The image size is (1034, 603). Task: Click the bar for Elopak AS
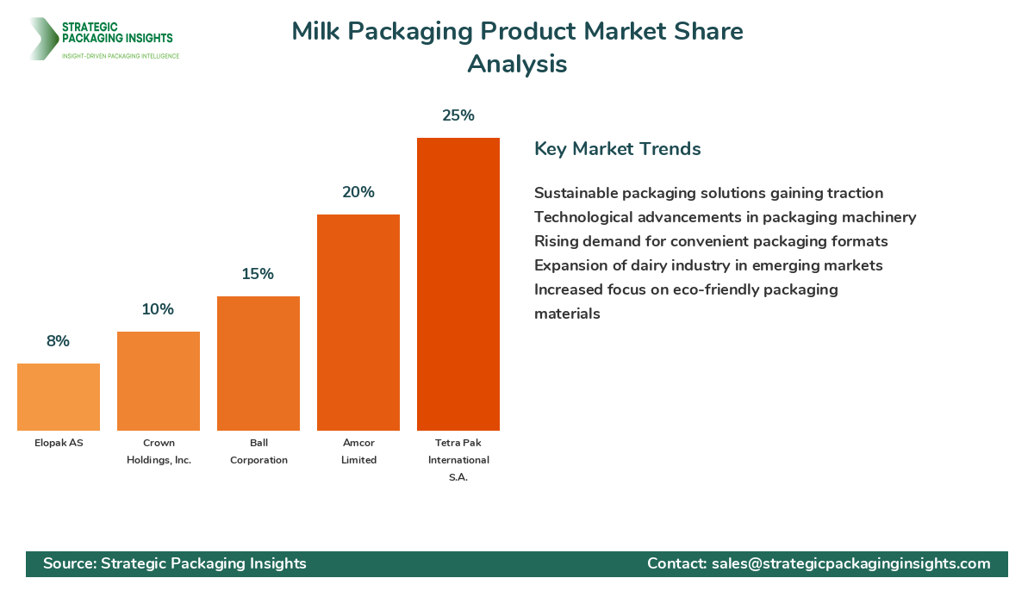point(59,397)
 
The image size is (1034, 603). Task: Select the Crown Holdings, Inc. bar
point(159,382)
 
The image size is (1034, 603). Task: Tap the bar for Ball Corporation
point(258,364)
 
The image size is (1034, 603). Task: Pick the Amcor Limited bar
point(358,323)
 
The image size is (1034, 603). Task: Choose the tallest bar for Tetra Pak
point(458,284)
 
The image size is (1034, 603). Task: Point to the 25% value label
point(458,115)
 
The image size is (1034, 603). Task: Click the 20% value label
point(358,192)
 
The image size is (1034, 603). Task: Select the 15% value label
point(258,274)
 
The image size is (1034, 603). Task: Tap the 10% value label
point(159,309)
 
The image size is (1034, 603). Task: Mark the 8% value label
point(59,341)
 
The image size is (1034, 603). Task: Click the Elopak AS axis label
point(59,443)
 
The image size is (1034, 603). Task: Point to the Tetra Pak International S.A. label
point(458,460)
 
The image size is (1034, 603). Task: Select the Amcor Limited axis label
point(358,451)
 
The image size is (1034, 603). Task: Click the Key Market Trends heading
point(618,148)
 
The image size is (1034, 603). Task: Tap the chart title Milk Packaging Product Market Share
point(517,31)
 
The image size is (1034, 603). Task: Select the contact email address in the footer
point(850,563)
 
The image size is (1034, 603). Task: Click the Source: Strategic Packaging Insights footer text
point(175,563)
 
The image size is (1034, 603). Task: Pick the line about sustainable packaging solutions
point(708,193)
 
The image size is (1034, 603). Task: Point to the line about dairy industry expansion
point(708,265)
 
